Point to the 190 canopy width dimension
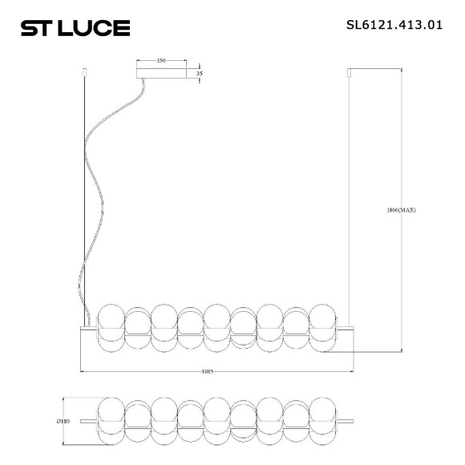tap(161, 59)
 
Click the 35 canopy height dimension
tap(199, 73)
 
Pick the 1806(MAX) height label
tap(401, 211)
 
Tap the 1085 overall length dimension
tap(217, 372)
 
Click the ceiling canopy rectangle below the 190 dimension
tap(161, 73)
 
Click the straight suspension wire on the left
tap(85, 200)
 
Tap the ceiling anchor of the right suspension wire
tap(349, 74)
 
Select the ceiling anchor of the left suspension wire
tap(85, 74)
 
